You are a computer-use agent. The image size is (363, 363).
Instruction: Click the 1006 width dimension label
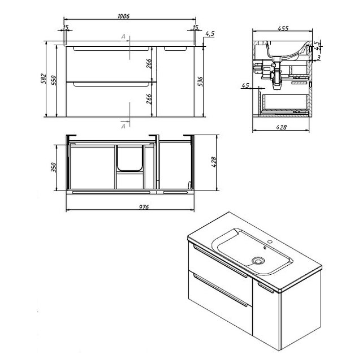coord(124,16)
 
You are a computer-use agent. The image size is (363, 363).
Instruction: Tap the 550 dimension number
coord(54,80)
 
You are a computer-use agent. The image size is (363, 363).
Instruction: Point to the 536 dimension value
coord(200,81)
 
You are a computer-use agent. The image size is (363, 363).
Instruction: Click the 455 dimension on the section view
coord(283,28)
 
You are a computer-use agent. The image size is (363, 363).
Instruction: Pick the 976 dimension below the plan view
coord(144,207)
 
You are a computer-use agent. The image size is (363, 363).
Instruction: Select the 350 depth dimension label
coord(54,167)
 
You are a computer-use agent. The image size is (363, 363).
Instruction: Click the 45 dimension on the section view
coord(245,85)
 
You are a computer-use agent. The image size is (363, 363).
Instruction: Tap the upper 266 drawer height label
coord(149,64)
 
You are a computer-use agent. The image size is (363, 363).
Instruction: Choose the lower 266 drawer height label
coord(149,99)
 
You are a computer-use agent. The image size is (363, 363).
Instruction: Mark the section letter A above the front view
coord(123,36)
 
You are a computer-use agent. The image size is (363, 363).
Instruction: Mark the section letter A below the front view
coord(123,126)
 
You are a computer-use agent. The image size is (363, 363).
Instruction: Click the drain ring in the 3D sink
coord(257,261)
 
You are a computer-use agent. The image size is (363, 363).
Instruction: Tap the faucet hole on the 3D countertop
coord(270,242)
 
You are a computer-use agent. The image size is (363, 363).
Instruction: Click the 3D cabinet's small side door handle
coord(265,287)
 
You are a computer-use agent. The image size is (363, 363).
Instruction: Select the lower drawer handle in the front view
coord(111,84)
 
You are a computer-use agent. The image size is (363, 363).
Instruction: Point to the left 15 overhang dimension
coord(66,27)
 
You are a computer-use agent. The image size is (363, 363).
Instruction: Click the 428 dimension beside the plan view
coord(214,162)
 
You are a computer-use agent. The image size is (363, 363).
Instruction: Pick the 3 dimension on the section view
coord(319,58)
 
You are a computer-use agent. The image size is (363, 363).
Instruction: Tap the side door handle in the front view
coord(175,49)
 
